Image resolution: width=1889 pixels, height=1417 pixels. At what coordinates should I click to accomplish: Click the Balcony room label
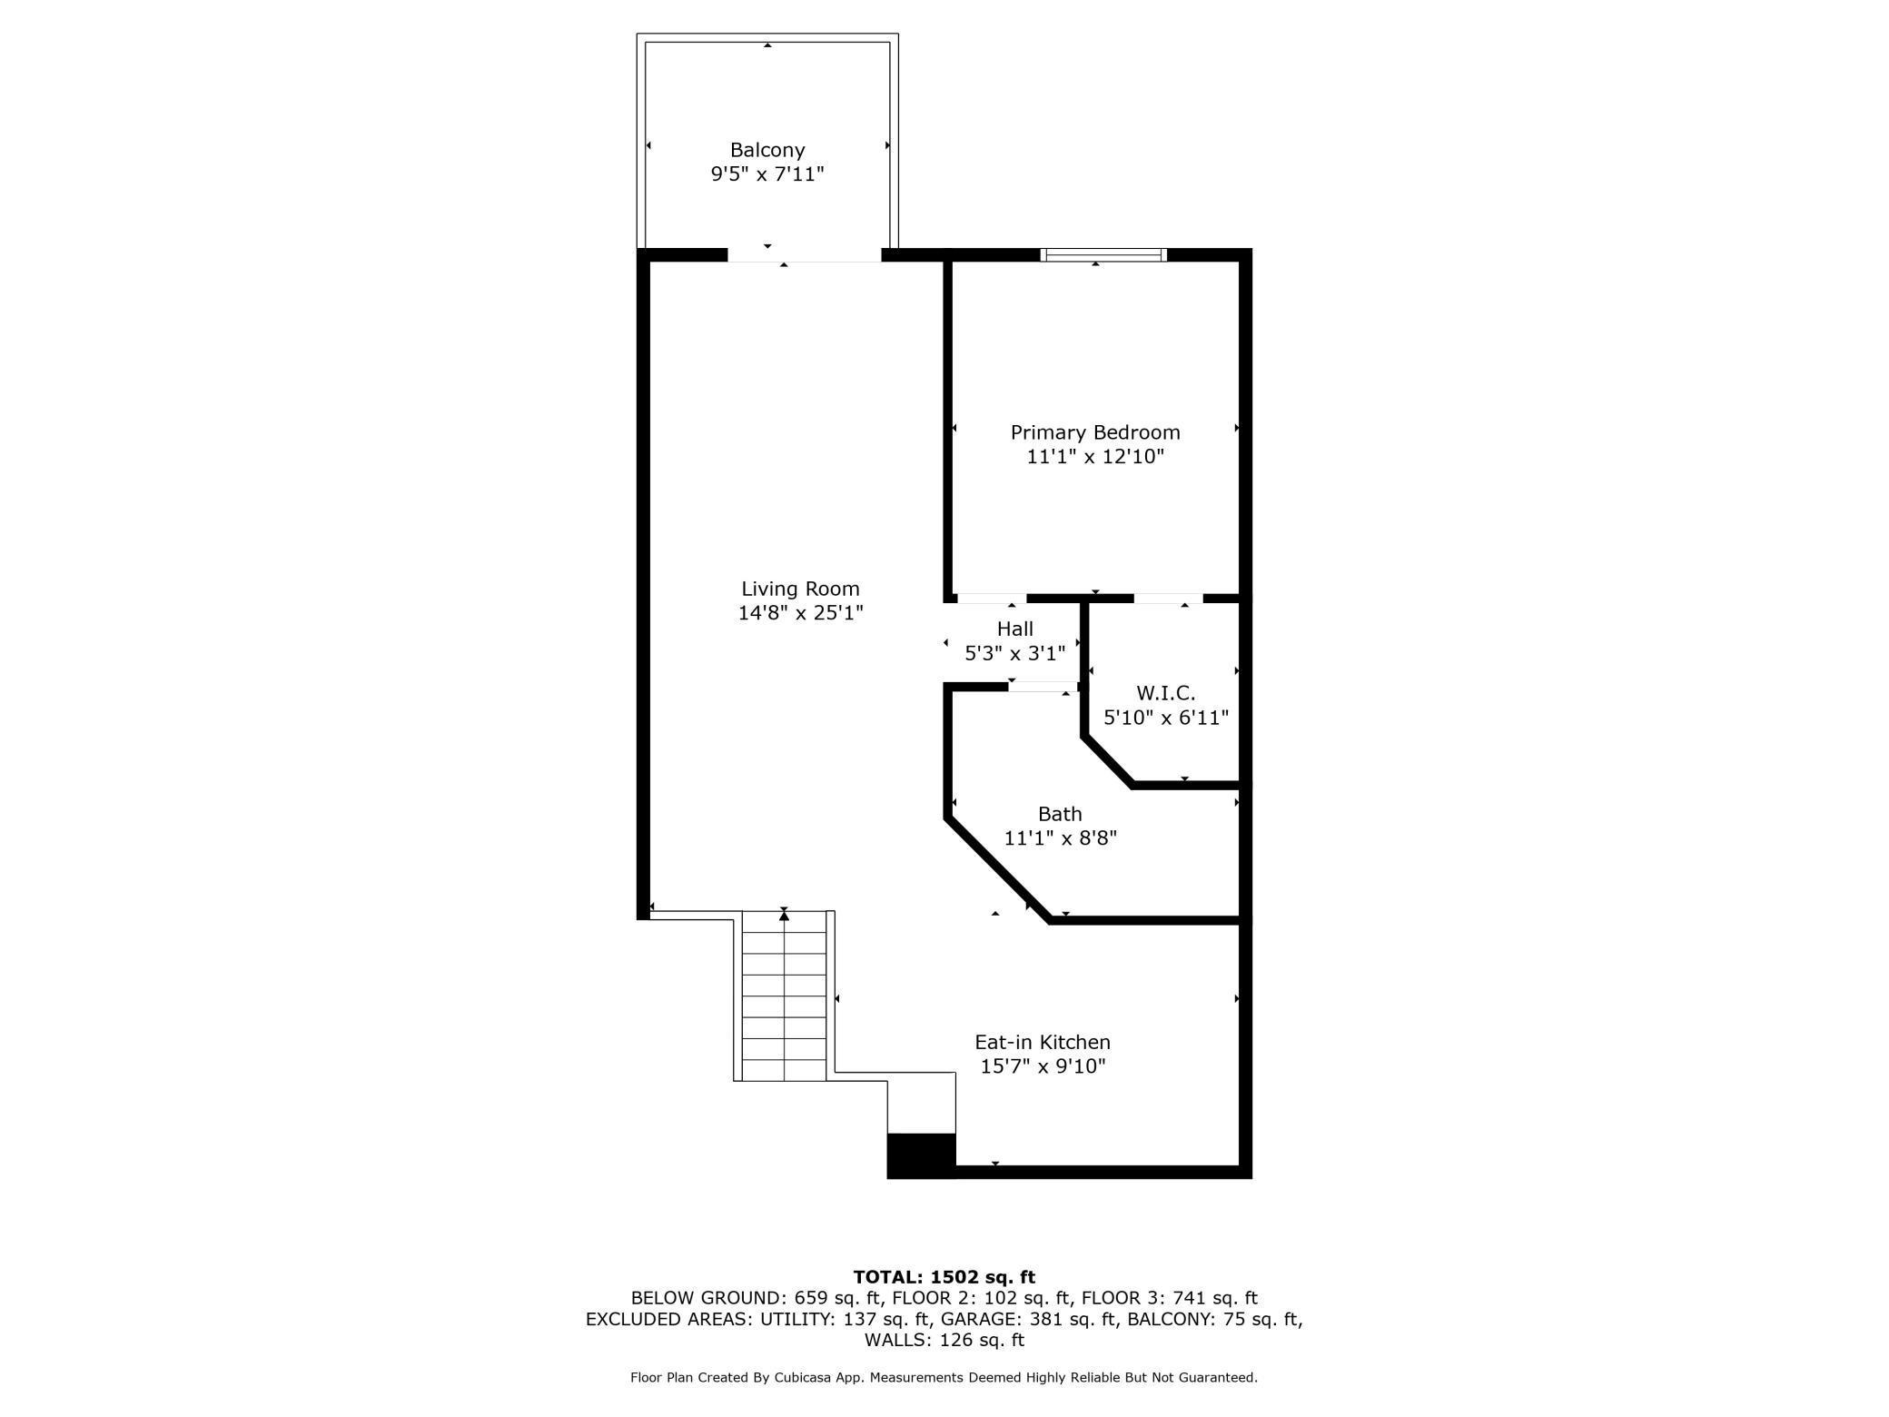coord(767,150)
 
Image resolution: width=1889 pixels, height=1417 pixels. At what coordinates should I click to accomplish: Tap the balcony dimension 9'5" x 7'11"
coord(767,174)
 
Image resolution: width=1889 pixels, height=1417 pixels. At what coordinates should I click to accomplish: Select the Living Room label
coord(800,589)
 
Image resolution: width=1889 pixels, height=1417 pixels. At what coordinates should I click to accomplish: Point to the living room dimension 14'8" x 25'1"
coord(800,613)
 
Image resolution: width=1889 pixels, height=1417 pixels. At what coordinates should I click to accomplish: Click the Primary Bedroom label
coord(1095,432)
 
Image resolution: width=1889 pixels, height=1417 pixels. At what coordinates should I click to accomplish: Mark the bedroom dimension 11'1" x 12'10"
coord(1095,457)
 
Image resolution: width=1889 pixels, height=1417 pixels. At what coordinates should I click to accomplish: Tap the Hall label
coord(1014,629)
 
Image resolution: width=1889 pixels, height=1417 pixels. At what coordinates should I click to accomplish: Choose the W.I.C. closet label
coord(1165,693)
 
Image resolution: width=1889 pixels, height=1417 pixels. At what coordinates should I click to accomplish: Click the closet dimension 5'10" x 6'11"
coord(1166,718)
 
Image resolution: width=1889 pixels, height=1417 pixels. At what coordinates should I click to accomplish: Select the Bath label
coord(1060,814)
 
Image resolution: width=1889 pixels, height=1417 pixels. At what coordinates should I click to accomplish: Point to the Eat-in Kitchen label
coord(1043,1042)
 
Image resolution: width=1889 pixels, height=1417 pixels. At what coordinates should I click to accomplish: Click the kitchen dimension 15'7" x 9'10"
coord(1043,1066)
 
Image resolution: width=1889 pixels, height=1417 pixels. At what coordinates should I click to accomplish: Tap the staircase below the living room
coord(784,999)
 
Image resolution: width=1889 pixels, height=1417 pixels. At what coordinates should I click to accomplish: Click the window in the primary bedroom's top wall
coord(1103,255)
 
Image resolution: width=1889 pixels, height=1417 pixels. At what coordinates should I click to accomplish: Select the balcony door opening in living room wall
coord(804,255)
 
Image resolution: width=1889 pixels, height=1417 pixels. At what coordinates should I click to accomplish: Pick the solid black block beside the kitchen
coord(921,1154)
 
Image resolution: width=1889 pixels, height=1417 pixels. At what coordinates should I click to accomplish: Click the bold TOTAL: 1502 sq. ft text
coord(944,1277)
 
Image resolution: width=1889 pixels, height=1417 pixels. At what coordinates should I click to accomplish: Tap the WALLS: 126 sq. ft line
coord(944,1340)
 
